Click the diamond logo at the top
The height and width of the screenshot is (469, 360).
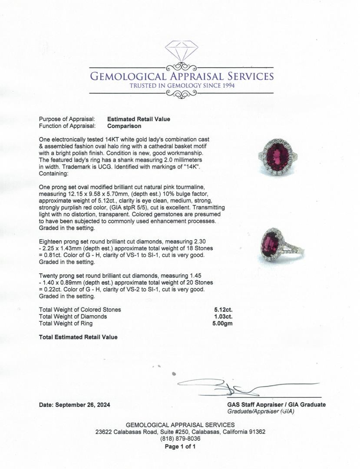[x=181, y=51]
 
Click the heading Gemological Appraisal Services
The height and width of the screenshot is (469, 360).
[x=182, y=76]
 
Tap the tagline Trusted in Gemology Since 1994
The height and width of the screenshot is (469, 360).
[x=182, y=86]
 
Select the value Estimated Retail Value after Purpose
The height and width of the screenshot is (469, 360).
[x=139, y=119]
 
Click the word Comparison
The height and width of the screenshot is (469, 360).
[x=124, y=126]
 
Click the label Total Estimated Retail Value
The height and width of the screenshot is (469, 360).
[x=78, y=337]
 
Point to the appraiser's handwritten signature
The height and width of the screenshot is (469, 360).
[x=243, y=386]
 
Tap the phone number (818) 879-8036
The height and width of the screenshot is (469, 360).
[x=180, y=439]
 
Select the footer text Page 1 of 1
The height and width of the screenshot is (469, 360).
[x=180, y=446]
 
